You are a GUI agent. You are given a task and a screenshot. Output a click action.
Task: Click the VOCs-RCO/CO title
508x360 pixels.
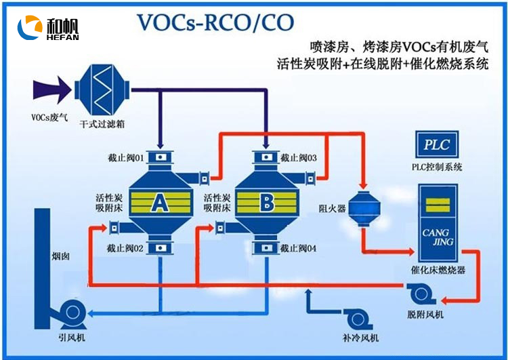[x=215, y=22]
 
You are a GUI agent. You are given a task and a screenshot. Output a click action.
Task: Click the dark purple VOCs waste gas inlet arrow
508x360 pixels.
[x=53, y=88]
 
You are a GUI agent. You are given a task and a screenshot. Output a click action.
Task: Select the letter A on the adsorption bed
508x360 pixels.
[x=159, y=201]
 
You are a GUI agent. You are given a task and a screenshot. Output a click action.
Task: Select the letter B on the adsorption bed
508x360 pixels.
[x=266, y=201]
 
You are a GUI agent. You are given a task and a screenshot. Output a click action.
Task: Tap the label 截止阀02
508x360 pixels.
[x=126, y=248]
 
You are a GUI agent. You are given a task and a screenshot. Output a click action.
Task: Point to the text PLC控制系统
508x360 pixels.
[x=437, y=167]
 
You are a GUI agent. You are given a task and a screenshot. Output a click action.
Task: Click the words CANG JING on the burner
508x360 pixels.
[x=436, y=237]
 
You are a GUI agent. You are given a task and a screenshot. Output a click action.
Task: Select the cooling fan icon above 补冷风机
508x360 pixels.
[x=358, y=318]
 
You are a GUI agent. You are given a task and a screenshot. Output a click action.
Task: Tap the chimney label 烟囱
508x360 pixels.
[x=60, y=258]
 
